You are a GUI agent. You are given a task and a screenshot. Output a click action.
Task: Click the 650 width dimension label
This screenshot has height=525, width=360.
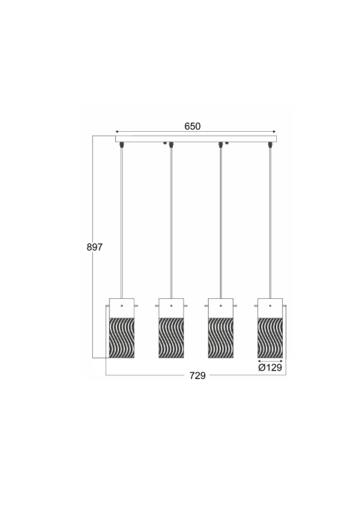coord(192,127)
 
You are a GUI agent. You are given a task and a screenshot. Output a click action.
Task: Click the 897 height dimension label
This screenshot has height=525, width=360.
coord(95,247)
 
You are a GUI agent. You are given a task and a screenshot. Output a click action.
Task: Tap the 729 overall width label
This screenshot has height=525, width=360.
coord(198,376)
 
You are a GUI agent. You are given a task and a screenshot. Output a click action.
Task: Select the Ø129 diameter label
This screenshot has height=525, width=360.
coord(270,368)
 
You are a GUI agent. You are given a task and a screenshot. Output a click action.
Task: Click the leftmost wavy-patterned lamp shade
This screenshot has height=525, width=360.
coord(122,338)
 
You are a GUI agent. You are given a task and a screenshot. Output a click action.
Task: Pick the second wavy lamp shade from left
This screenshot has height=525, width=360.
coord(171,338)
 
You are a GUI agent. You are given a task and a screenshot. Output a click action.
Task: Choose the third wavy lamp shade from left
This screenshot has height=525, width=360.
coord(221,338)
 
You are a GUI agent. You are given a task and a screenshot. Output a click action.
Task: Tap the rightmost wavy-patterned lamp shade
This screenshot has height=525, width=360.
coord(270,338)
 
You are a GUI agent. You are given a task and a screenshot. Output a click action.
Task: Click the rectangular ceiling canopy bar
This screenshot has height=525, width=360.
coord(196,139)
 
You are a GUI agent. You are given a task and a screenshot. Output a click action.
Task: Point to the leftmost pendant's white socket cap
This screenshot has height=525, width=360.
coord(122,308)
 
